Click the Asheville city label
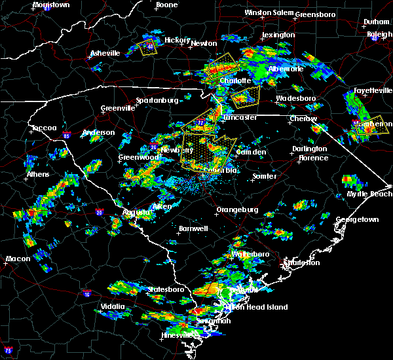[x=105, y=53]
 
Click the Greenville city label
[x=117, y=109]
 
